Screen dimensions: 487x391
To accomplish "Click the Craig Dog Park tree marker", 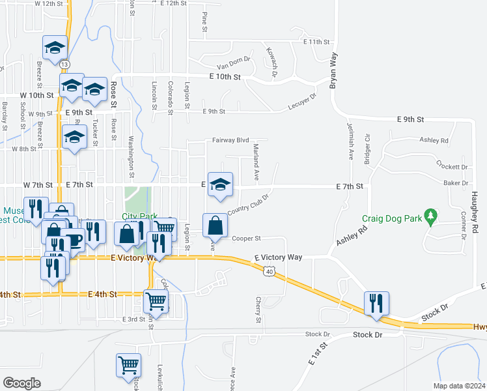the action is (430, 215).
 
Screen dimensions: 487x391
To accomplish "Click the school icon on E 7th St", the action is (221, 184).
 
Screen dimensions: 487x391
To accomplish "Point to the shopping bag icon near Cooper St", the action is (215, 225).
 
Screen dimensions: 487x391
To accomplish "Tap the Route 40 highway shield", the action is (268, 270).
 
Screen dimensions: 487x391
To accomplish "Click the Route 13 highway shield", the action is (64, 65).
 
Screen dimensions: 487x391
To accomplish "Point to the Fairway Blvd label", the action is (230, 140).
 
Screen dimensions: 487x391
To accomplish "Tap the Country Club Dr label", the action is (248, 201).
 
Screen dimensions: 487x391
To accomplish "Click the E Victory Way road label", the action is (278, 258).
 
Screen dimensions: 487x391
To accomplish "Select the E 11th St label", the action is (317, 42).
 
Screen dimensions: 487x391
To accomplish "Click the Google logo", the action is (22, 383).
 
